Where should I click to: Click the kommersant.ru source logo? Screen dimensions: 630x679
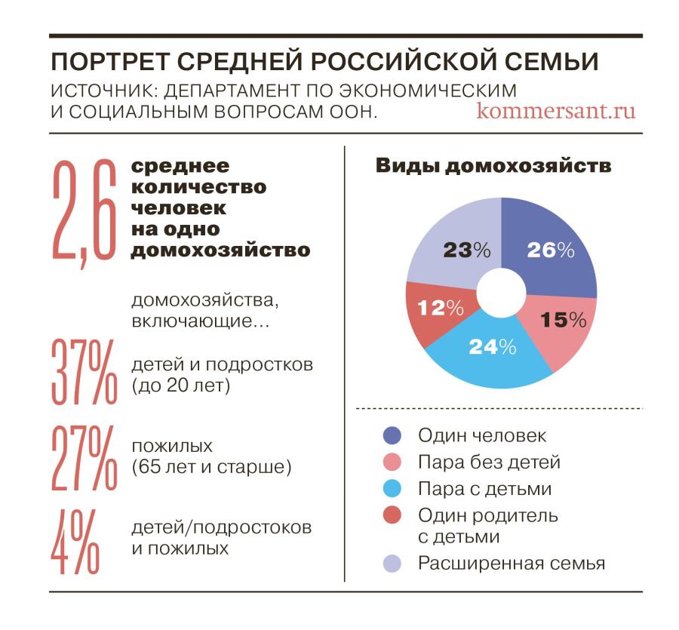pyautogui.click(x=556, y=111)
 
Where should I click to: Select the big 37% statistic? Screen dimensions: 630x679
pyautogui.click(x=84, y=371)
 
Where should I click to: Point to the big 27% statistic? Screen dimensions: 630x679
pyautogui.click(x=84, y=457)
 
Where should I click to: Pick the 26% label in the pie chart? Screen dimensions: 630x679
pyautogui.click(x=551, y=250)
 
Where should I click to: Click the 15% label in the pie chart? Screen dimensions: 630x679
pyautogui.click(x=564, y=320)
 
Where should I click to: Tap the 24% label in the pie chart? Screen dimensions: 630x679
pyautogui.click(x=492, y=347)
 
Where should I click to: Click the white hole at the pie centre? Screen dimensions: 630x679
pyautogui.click(x=502, y=294)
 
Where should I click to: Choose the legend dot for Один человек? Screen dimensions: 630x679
pyautogui.click(x=393, y=436)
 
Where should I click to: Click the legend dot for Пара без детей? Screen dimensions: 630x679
pyautogui.click(x=393, y=463)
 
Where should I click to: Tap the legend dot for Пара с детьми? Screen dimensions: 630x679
pyautogui.click(x=393, y=489)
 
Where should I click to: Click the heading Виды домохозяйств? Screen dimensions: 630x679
pyautogui.click(x=493, y=167)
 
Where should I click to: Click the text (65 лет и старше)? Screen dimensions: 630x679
pyautogui.click(x=211, y=467)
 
